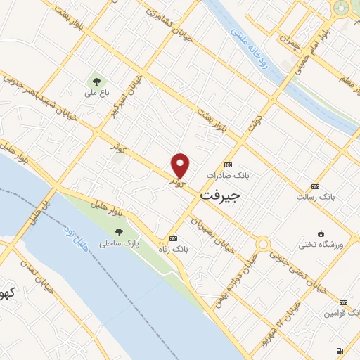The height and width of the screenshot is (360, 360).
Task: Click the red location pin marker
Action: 181,165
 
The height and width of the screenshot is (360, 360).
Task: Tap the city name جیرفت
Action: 219,196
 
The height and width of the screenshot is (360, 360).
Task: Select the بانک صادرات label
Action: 227,176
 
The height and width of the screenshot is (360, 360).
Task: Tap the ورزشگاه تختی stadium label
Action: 321,244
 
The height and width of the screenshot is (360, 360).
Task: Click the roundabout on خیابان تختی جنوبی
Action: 263,244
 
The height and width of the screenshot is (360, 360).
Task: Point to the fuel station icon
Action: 340,351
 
